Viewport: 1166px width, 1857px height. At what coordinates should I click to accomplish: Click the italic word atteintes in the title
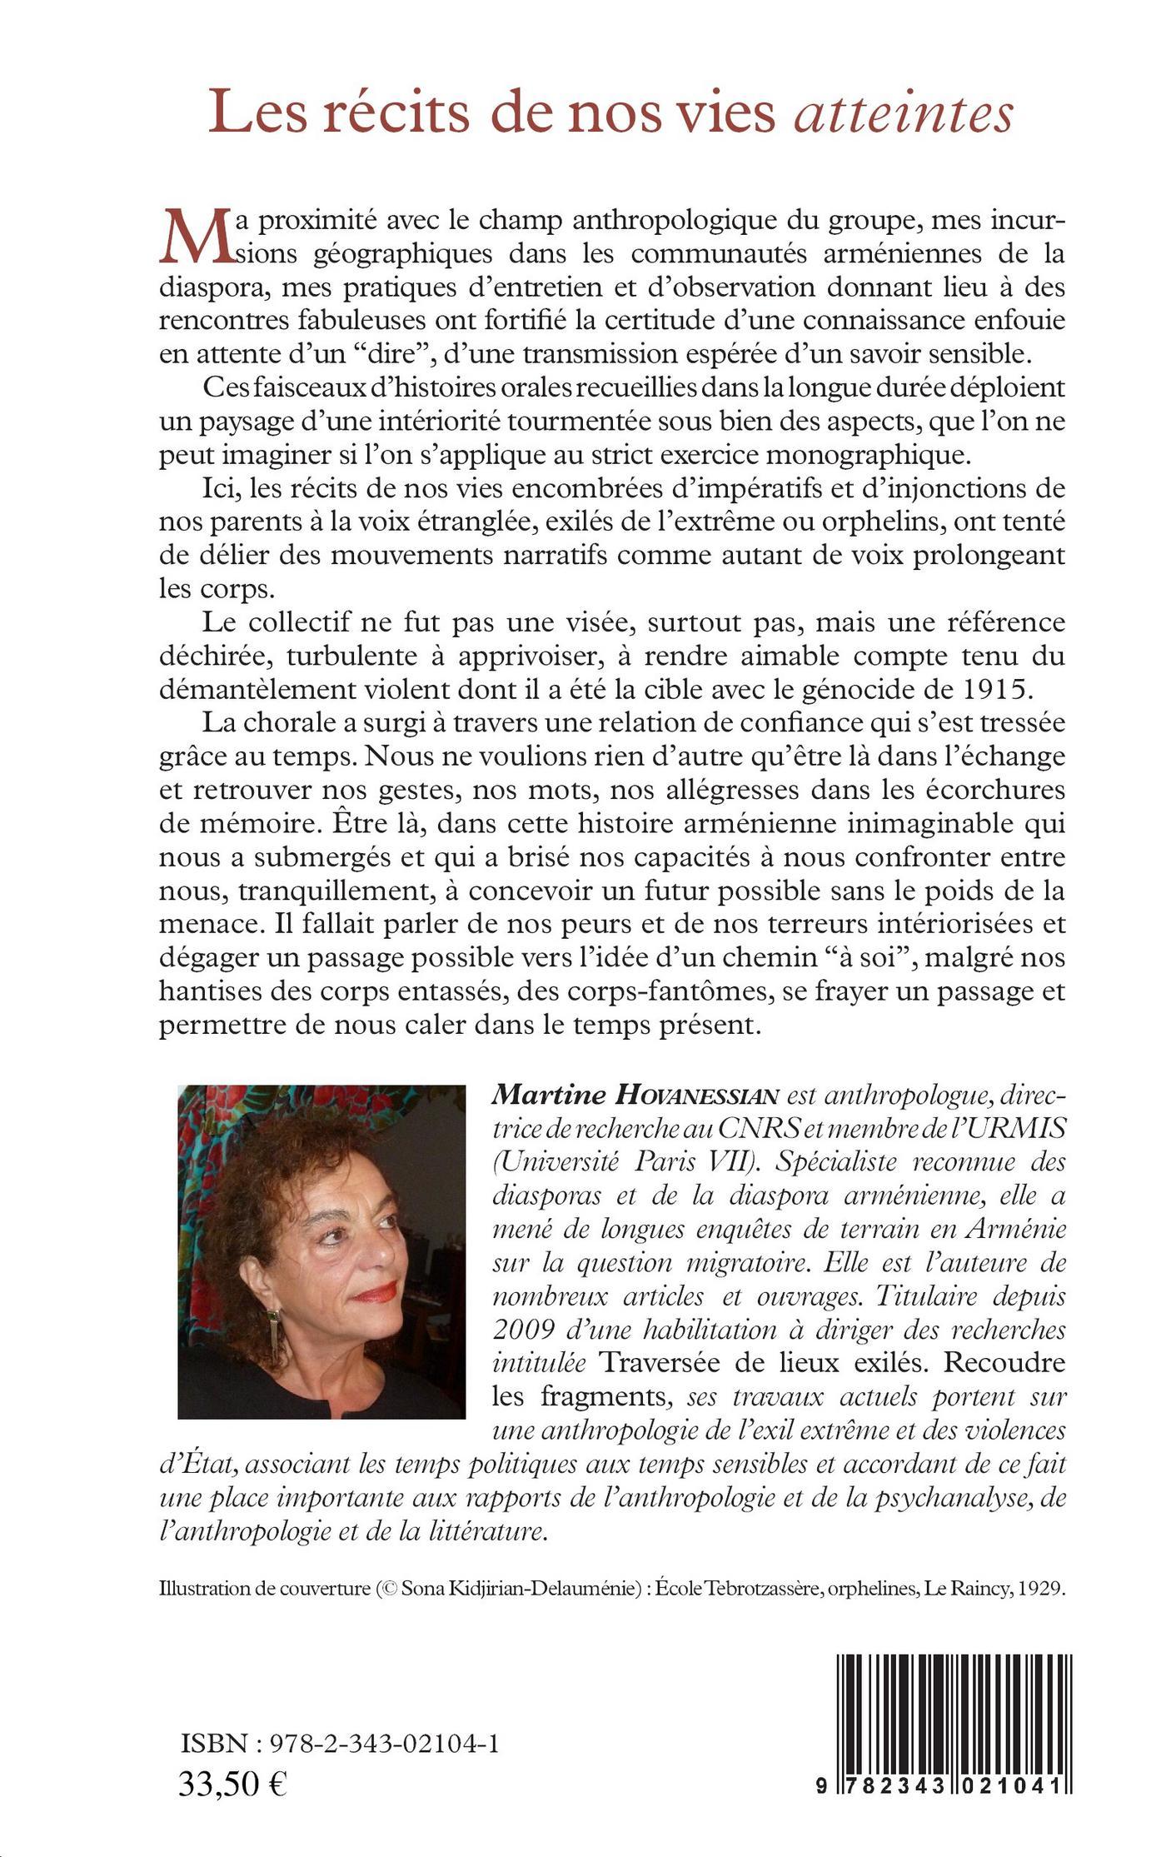[x=903, y=115]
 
